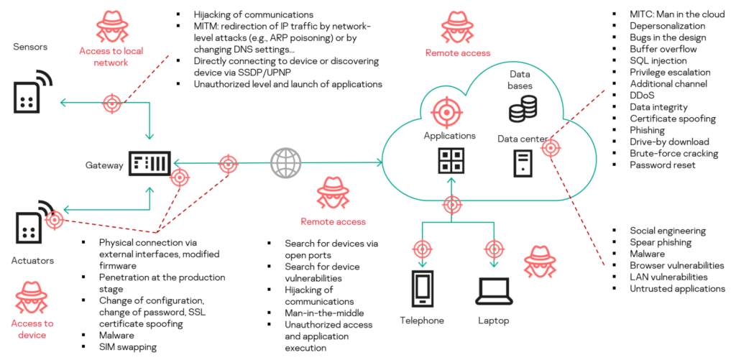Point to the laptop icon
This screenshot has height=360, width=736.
pos(493,289)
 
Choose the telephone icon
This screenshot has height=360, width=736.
pos(421,289)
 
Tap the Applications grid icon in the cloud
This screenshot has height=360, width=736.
pos(451,161)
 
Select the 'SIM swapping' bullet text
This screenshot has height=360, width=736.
pos(127,347)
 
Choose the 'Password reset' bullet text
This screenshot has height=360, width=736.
pos(662,165)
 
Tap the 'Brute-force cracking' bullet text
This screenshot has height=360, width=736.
pos(673,153)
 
